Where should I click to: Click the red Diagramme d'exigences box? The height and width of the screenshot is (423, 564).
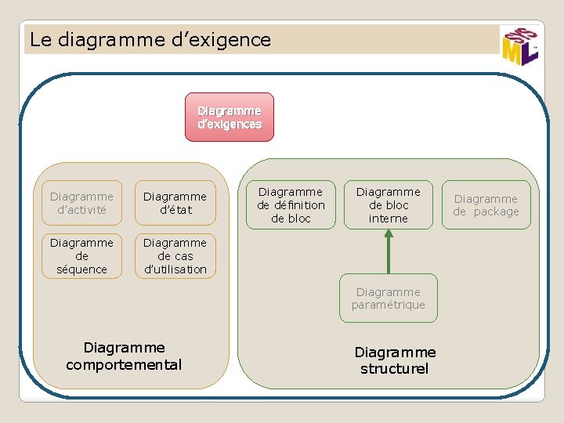[x=230, y=117]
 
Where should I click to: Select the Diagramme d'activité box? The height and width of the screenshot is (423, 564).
[x=81, y=204]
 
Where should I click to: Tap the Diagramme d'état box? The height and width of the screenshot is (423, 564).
[x=175, y=204]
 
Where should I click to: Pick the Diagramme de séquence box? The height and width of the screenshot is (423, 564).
[x=81, y=256]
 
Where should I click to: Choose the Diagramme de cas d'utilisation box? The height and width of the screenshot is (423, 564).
[x=175, y=256]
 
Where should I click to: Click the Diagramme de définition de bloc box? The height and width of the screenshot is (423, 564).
[x=291, y=205]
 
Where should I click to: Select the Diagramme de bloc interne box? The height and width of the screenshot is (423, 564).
[x=389, y=205]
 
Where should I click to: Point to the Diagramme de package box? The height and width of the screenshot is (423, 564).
[x=486, y=205]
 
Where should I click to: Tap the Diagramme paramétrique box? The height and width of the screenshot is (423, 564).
[x=388, y=298]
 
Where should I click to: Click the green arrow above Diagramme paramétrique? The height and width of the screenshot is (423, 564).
[x=388, y=251]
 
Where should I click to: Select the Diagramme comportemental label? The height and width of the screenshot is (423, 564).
[x=124, y=356]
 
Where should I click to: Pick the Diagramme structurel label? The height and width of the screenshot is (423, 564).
[x=395, y=360]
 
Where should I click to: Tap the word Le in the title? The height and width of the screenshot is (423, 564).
[x=40, y=39]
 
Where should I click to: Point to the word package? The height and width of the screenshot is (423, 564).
[x=496, y=212]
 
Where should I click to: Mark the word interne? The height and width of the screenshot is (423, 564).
[x=389, y=219]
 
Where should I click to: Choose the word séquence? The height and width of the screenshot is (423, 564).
[x=81, y=269]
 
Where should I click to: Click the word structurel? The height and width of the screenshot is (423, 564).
[x=395, y=368]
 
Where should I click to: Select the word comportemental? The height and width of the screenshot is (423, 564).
[x=124, y=364]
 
